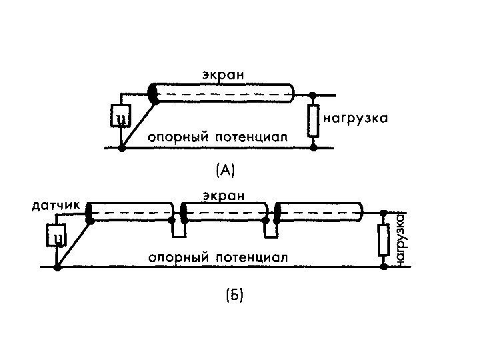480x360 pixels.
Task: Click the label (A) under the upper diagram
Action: pyautogui.click(x=224, y=171)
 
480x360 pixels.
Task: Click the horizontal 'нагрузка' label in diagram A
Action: pyautogui.click(x=356, y=119)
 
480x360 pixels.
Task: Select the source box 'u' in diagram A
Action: pyautogui.click(x=121, y=118)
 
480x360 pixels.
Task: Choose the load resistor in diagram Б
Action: pyautogui.click(x=383, y=240)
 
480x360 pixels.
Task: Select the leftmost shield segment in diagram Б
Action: pyautogui.click(x=129, y=213)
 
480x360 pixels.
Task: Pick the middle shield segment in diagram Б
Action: pyautogui.click(x=225, y=213)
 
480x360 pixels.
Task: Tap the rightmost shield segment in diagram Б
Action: pyautogui.click(x=320, y=213)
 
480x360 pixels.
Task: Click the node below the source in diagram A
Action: pyautogui.click(x=121, y=149)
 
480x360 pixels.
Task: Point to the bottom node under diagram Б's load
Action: pyautogui.click(x=383, y=267)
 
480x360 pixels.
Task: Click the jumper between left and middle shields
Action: pyautogui.click(x=177, y=230)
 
